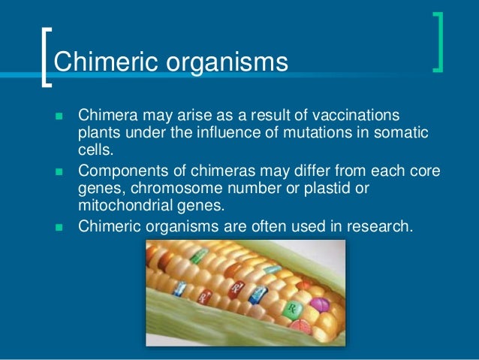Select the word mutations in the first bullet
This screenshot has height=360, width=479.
pos(307,133)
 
